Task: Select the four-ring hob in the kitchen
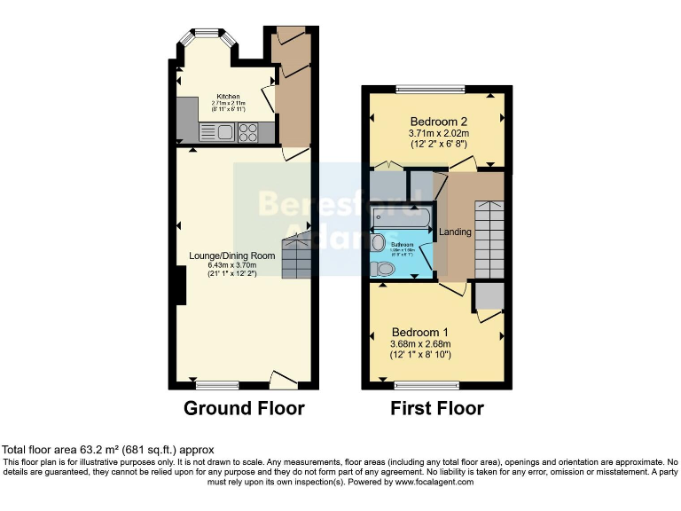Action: point(248,133)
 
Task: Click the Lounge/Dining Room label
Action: point(232,255)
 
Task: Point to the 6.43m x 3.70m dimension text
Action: point(232,264)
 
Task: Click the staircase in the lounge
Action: point(296,257)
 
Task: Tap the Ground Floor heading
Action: point(244,409)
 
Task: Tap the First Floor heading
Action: point(437,409)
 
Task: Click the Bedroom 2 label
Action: point(438,122)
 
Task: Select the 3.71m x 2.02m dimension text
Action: point(438,133)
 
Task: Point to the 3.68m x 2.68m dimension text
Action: point(420,344)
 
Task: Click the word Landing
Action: point(456,232)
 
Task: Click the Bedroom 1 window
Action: point(427,385)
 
